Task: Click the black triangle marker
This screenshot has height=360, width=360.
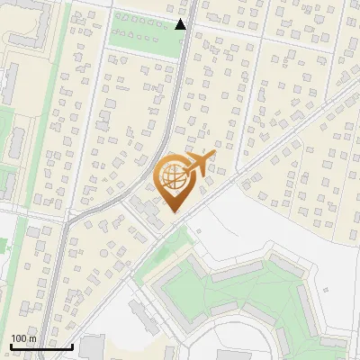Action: [x=181, y=24]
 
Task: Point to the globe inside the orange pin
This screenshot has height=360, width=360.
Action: [x=173, y=176]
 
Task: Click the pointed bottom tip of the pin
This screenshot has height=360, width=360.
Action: [x=174, y=211]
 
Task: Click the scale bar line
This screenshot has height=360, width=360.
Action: [x=41, y=346]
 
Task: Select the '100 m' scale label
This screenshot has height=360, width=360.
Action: [x=23, y=338]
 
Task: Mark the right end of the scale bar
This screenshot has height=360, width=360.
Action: [x=72, y=346]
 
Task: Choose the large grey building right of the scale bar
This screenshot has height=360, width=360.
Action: [x=92, y=347]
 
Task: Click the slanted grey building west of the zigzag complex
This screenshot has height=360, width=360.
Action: [x=142, y=315]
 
